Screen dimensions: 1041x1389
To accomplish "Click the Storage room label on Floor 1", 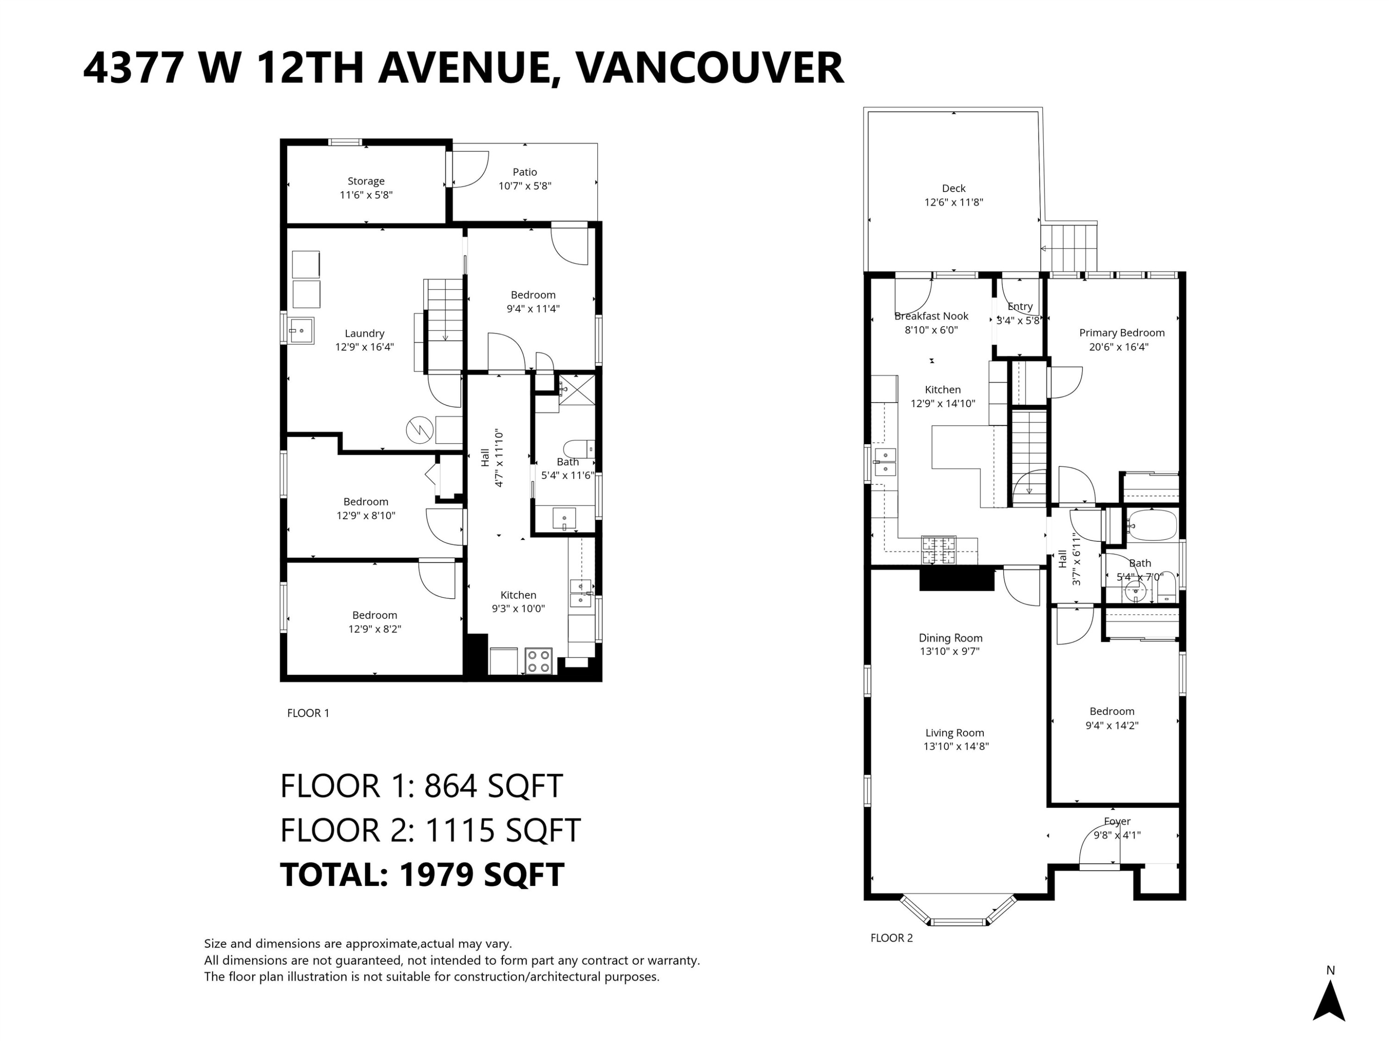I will [366, 181].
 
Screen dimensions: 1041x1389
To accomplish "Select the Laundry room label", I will [364, 333].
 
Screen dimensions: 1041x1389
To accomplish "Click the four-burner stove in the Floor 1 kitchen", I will [538, 661].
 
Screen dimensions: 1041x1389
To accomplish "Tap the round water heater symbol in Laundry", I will [419, 430].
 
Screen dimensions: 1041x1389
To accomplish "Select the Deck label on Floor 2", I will [953, 188].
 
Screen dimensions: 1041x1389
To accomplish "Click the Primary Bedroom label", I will [1121, 333].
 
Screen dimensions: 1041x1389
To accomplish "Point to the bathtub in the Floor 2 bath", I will [1151, 525].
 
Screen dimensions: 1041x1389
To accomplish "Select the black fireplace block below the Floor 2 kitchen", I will [957, 578].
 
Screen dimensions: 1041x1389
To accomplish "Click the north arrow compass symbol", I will [1329, 1002].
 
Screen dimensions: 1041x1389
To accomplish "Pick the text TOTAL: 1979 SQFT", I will [422, 875].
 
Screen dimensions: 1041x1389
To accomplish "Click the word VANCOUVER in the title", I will [710, 68].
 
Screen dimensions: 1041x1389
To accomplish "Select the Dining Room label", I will [950, 638].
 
